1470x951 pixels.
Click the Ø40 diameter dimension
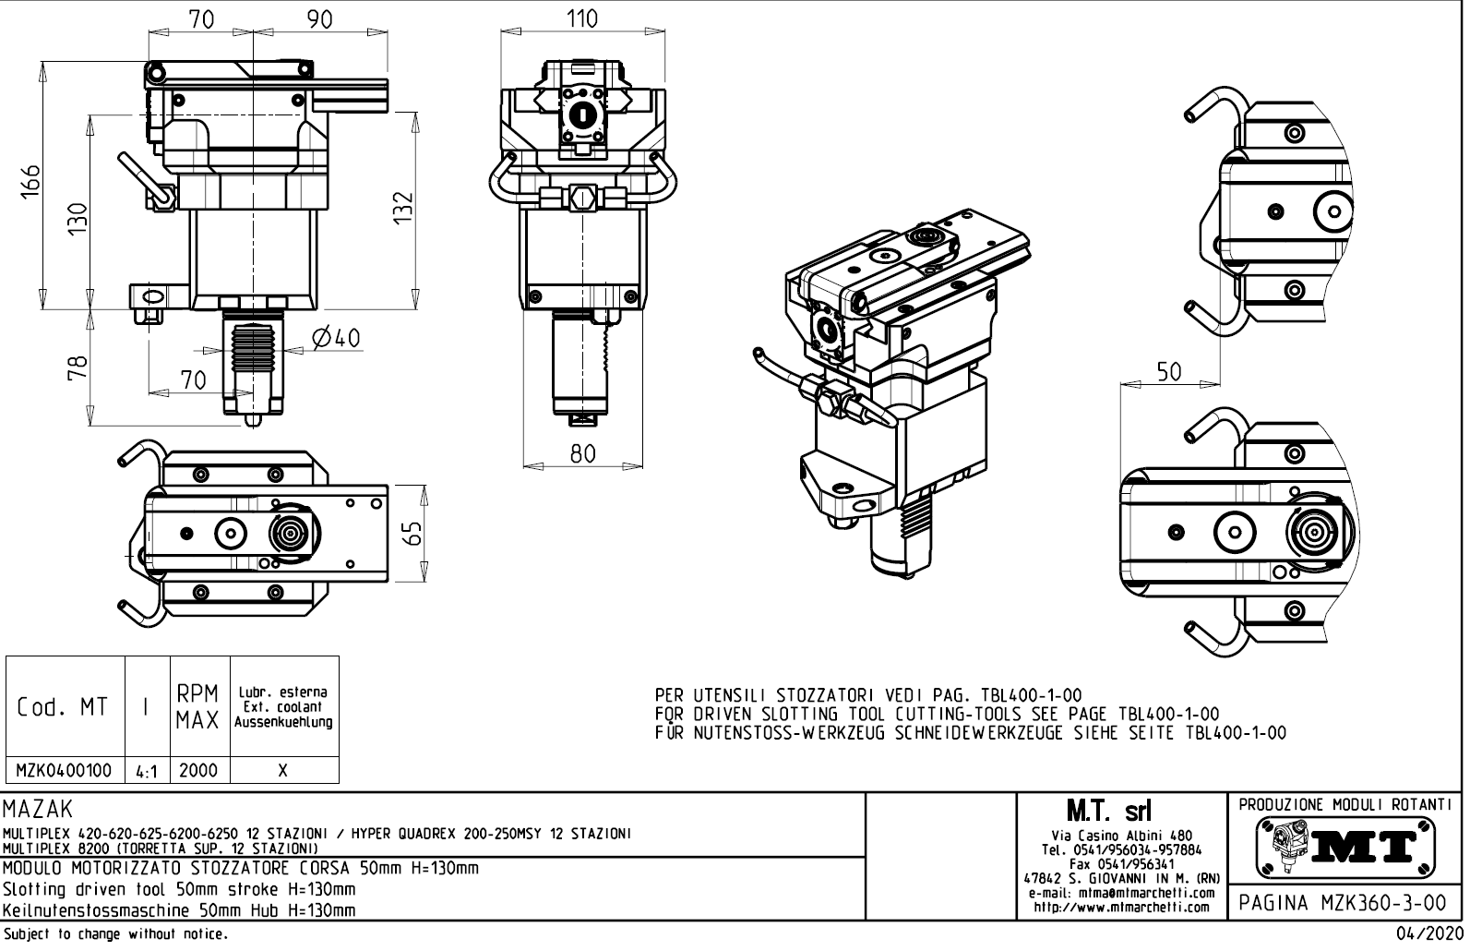click(x=336, y=339)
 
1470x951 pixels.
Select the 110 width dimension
click(x=581, y=19)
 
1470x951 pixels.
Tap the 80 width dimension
click(x=581, y=452)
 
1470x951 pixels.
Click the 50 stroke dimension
click(x=1168, y=371)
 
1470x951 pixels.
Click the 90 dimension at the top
click(x=319, y=19)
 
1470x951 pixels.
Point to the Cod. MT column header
click(x=63, y=708)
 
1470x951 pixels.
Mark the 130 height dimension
click(x=79, y=219)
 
